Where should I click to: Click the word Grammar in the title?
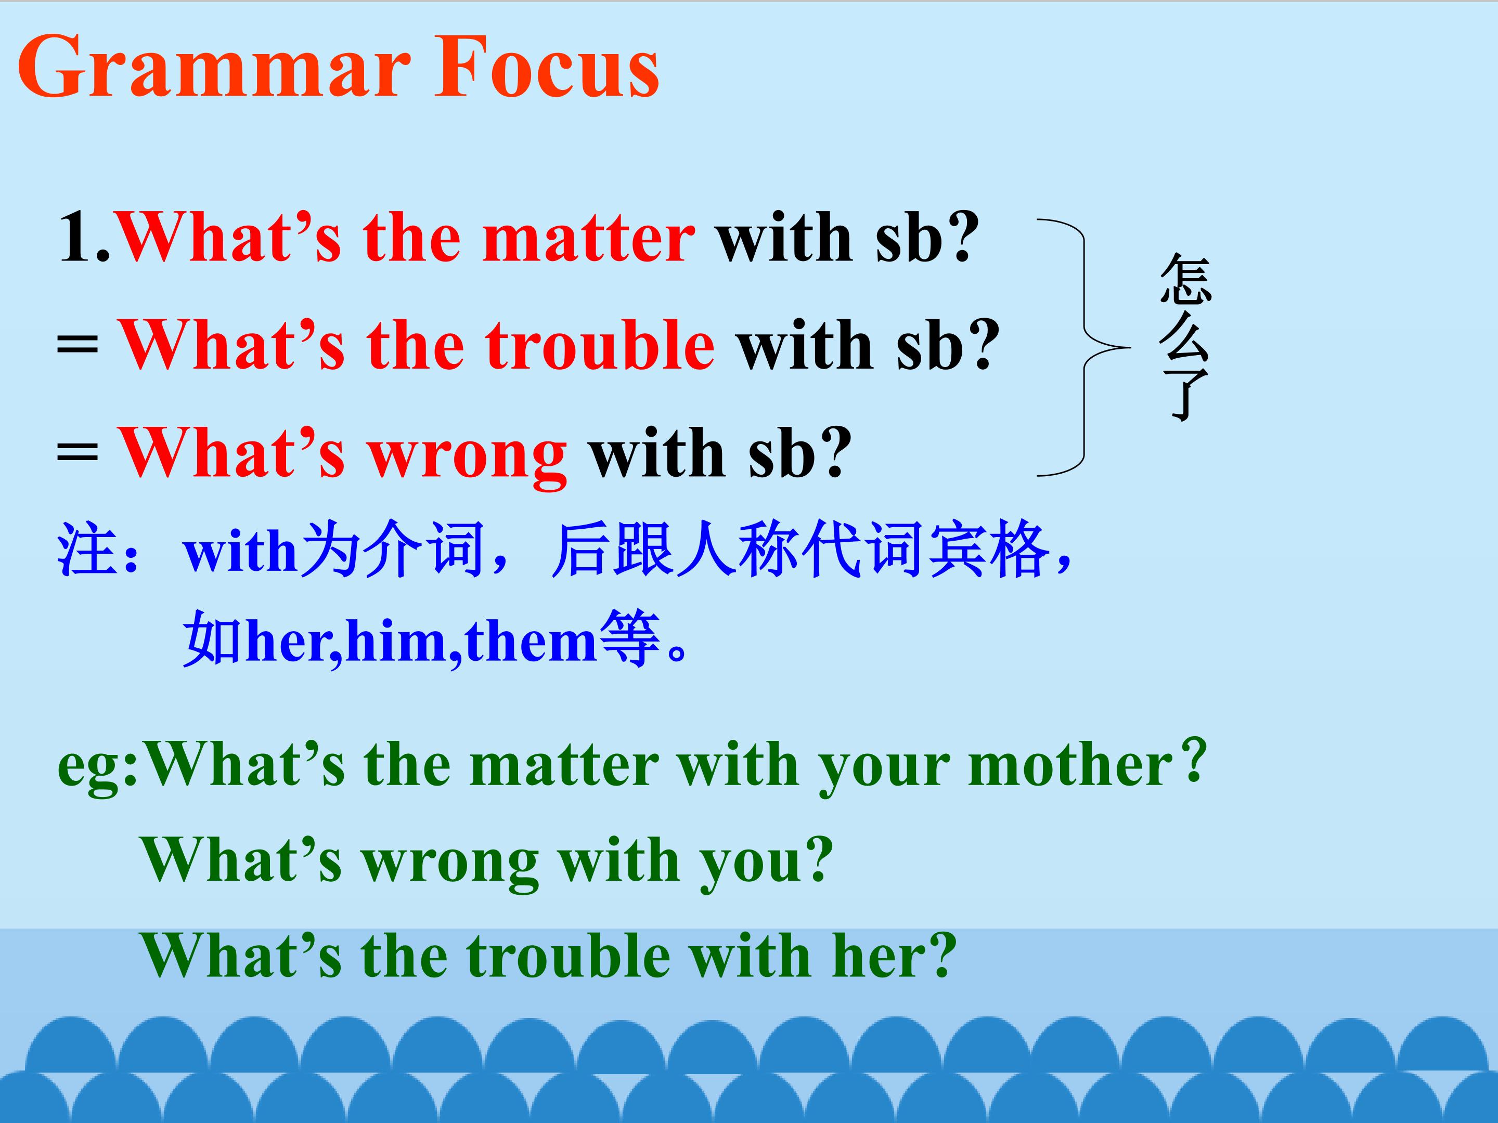click(214, 67)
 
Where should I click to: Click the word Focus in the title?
click(547, 67)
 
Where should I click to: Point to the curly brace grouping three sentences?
click(1083, 348)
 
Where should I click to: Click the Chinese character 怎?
click(1185, 278)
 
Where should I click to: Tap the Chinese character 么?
click(1185, 336)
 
